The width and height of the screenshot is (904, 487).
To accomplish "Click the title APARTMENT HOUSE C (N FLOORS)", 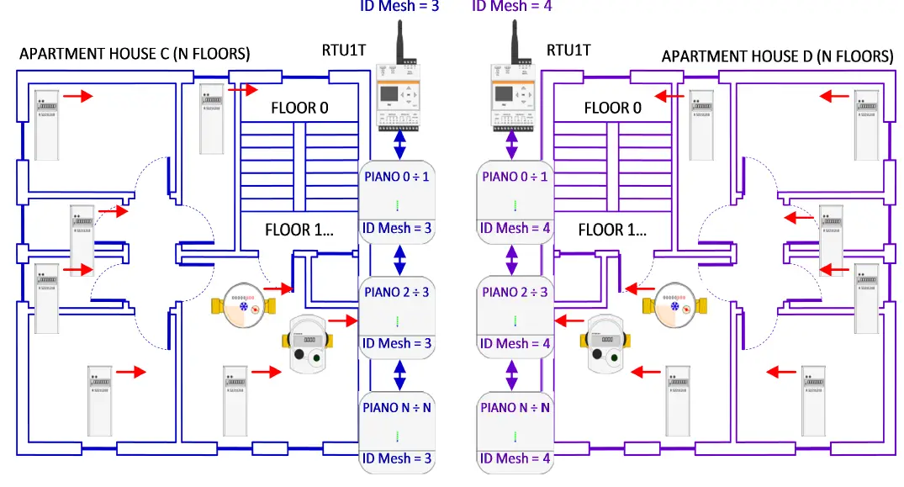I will point(135,56).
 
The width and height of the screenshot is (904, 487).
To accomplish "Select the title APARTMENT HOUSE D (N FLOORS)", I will point(777,56).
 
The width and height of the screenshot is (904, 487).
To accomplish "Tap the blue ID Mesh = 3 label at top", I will point(400,5).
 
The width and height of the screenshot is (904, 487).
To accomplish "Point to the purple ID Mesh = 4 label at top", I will point(513,5).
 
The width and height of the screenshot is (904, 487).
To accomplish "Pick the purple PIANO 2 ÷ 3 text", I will point(515,292).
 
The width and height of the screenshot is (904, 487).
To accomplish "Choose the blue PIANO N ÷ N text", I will point(397,407).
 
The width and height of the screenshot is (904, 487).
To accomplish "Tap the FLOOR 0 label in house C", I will point(299,108).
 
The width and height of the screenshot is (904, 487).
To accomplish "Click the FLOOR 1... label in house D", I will point(613,229).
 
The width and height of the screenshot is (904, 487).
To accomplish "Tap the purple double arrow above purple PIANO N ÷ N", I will point(511,375).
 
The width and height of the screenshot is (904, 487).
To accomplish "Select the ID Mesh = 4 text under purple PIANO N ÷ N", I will point(514,458).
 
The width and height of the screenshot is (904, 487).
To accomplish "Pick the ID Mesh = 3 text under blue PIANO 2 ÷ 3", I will point(396,343).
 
